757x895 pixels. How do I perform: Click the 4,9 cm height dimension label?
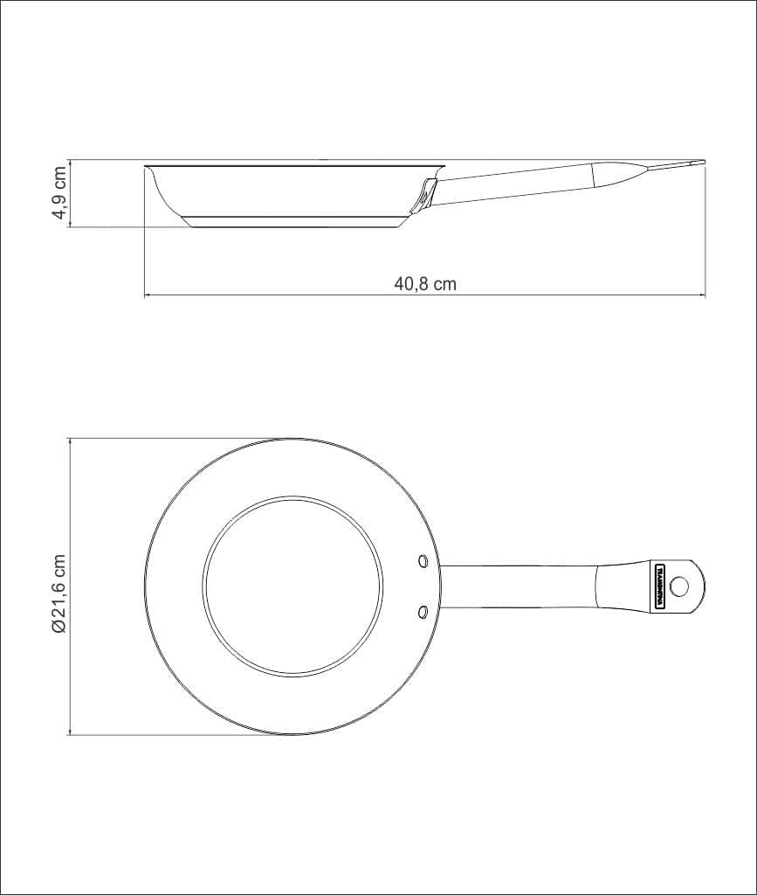tap(58, 194)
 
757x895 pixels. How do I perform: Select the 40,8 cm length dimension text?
tap(425, 284)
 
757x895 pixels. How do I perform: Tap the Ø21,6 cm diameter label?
tap(58, 586)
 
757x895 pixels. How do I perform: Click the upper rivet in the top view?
tap(423, 559)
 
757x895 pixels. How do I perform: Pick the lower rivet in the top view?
tap(423, 611)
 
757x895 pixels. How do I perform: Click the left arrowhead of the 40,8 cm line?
tap(147, 296)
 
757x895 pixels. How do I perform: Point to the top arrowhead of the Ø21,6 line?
tap(70, 441)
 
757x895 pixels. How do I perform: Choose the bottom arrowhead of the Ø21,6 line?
tap(70, 732)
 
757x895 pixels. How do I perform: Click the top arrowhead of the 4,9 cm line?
tap(70, 163)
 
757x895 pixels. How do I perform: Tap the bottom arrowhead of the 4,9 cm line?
tap(70, 225)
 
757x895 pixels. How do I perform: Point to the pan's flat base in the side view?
tap(295, 224)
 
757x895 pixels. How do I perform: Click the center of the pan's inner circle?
tap(293, 586)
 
